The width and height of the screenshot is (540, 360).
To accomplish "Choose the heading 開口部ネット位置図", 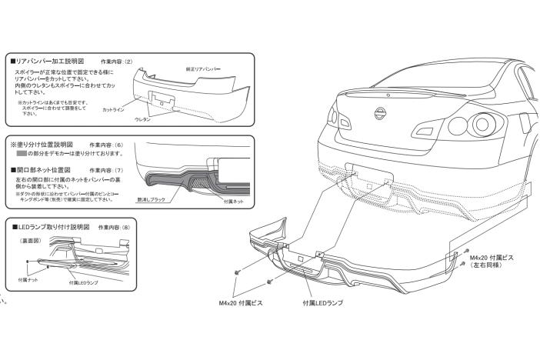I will (x=44, y=169).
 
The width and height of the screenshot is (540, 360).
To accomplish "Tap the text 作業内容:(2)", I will (x=117, y=59).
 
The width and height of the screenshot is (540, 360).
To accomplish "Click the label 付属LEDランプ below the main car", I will (x=323, y=302).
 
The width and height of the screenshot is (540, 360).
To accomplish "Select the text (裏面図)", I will (x=29, y=242).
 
